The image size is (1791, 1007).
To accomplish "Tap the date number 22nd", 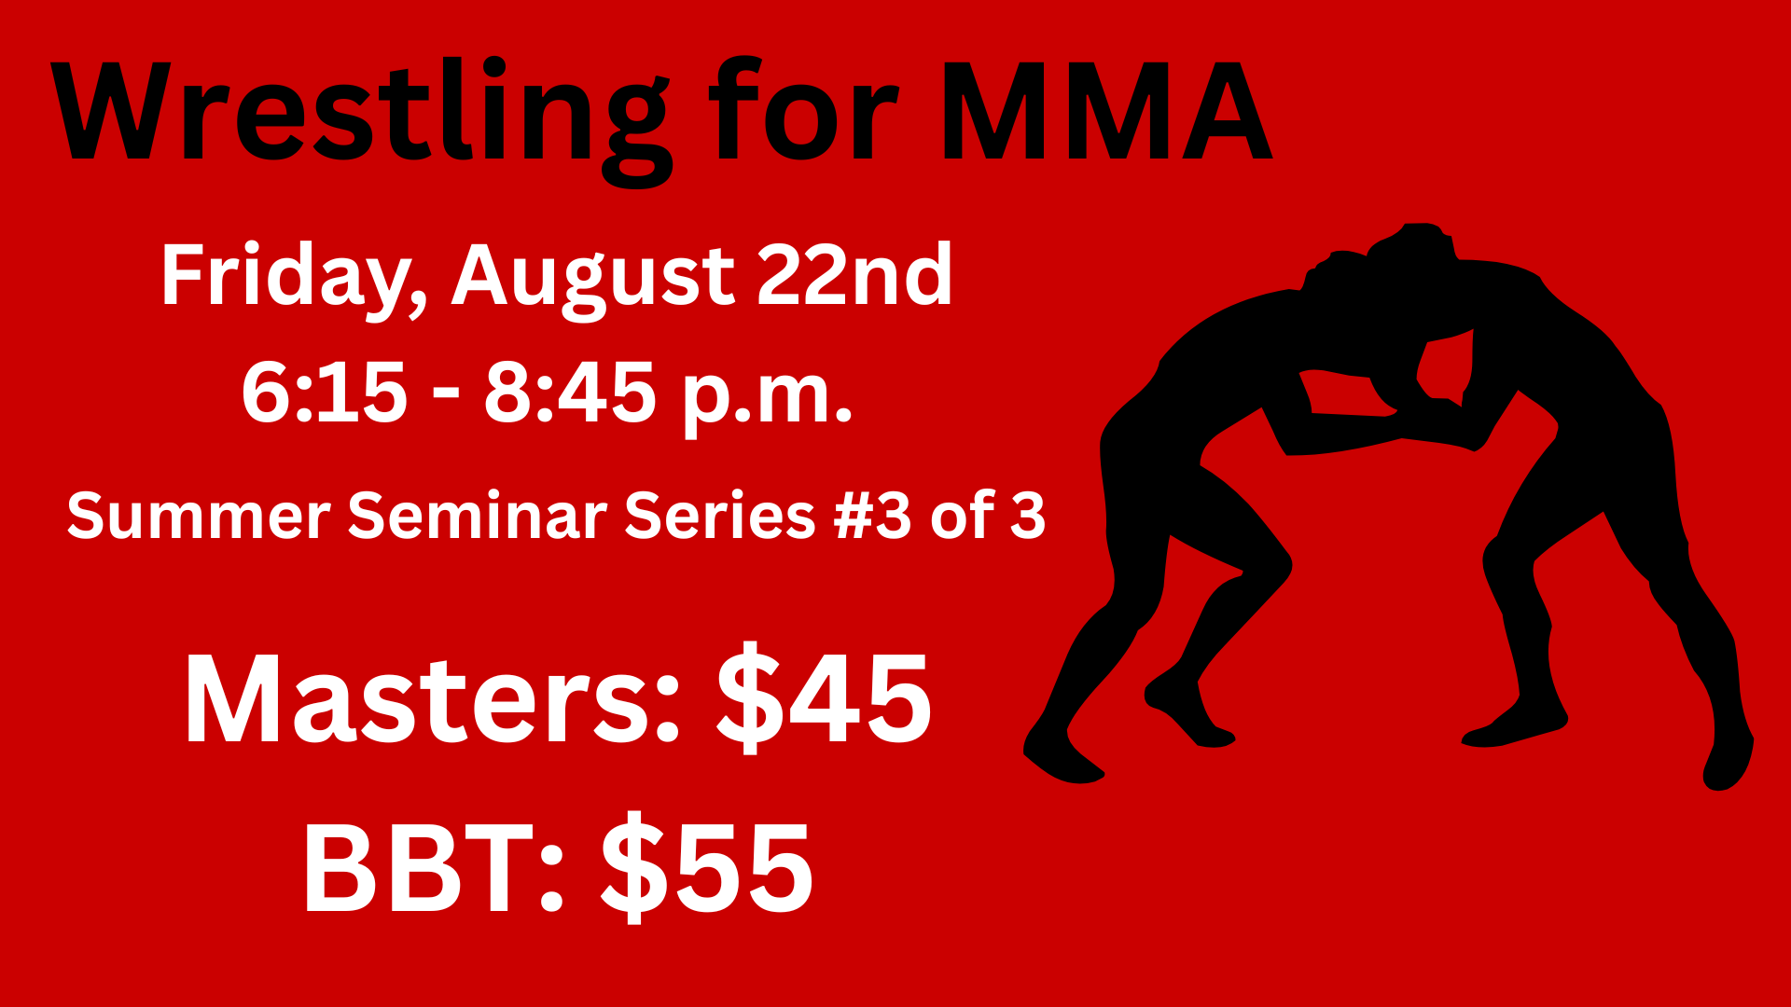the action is point(854,274).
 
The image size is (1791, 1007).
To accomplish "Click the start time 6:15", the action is point(325,393).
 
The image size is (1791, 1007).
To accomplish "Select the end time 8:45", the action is point(569,393).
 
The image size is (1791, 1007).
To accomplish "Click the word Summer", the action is point(199,516).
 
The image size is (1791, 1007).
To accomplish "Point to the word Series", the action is point(720,516).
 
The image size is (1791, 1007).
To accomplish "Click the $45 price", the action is point(824,697).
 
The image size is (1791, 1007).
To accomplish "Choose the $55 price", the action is point(707,866).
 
